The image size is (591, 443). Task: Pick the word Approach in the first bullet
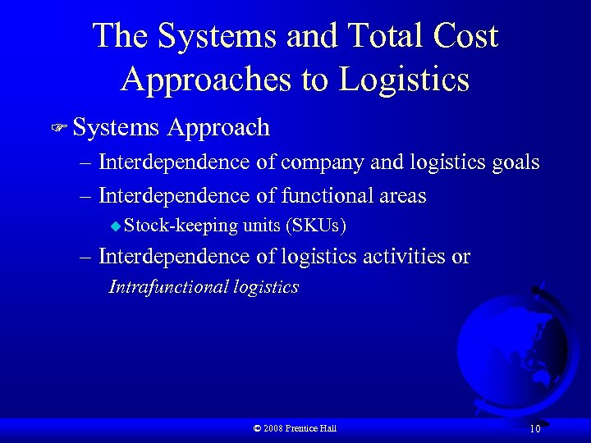pos(218,127)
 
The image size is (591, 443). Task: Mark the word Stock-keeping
pos(181,226)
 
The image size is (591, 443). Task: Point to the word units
pos(260,226)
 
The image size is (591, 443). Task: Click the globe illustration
pos(513,345)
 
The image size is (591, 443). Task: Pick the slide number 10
pos(534,428)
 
